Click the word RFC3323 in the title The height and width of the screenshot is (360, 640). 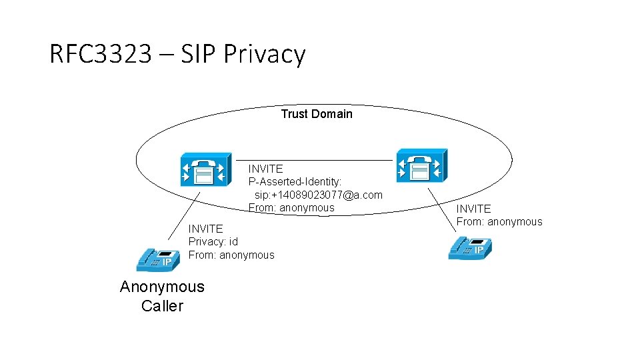(100, 54)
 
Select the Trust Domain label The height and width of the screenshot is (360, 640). (316, 114)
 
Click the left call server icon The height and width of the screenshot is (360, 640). (206, 169)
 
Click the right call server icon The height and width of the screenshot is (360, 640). (421, 165)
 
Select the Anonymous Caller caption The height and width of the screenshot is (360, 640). (162, 296)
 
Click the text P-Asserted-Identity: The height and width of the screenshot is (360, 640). (295, 182)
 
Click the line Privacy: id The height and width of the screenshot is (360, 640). (213, 241)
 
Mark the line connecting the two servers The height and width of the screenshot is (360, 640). (313, 160)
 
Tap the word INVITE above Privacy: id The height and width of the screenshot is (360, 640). (205, 229)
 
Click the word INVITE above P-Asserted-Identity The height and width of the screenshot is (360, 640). (265, 169)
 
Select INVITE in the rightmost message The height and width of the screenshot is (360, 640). (473, 209)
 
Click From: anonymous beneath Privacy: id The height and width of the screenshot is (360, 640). (231, 255)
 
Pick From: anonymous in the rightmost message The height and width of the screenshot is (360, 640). (499, 221)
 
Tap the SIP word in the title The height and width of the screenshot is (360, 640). (198, 54)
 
